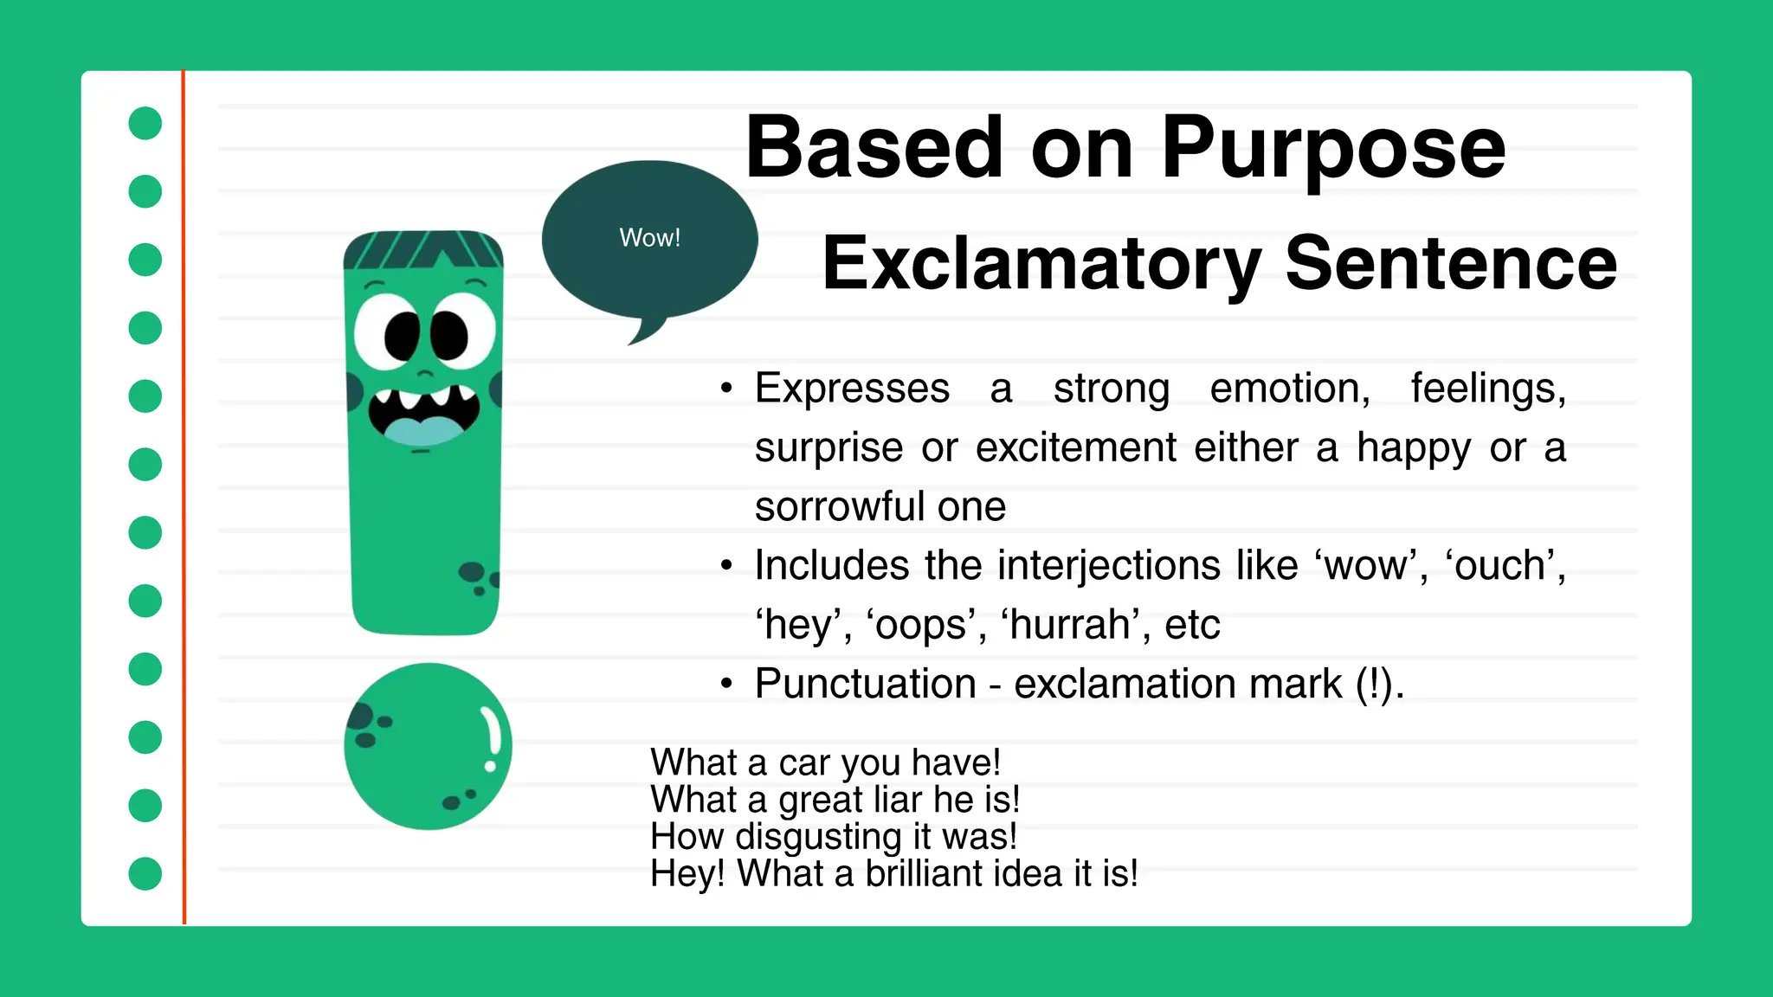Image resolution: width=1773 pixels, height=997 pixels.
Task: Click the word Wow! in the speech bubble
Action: click(649, 237)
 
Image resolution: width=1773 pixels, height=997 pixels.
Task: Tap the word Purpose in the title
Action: click(1332, 149)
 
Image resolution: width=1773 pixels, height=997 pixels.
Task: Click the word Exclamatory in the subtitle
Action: click(1040, 263)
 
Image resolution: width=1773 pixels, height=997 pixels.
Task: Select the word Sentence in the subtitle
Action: click(1450, 263)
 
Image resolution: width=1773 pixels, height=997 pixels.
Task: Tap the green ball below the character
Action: click(428, 746)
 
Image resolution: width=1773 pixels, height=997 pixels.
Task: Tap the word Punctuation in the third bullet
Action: click(865, 684)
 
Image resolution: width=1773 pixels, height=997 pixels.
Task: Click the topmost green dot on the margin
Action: click(145, 123)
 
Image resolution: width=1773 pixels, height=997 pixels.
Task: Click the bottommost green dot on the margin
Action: click(145, 873)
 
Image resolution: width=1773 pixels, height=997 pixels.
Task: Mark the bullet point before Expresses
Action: click(726, 389)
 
